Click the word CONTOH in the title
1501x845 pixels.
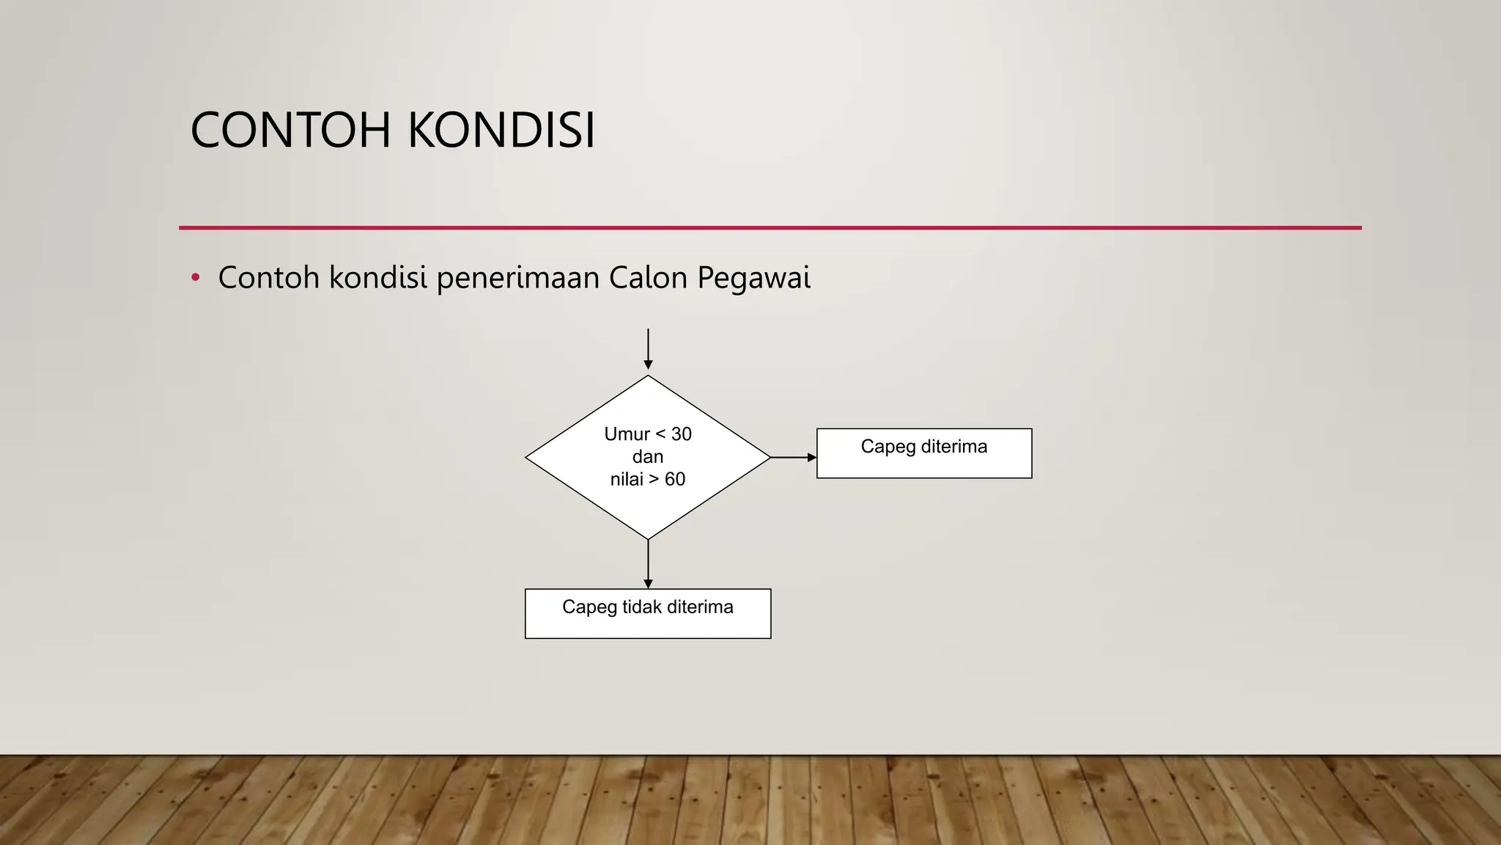pos(291,131)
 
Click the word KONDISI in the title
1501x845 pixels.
pos(501,131)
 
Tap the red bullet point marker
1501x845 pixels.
pos(195,278)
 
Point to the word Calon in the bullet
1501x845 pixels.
pos(648,278)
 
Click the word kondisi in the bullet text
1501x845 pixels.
pos(377,278)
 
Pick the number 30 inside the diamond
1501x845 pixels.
pos(682,434)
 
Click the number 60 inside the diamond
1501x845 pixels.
pos(675,480)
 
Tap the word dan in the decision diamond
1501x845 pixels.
pos(648,457)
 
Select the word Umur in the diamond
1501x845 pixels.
pos(627,434)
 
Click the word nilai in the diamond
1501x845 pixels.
pos(627,480)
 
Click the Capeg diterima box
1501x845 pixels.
pos(924,454)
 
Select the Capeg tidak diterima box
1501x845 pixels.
pos(648,614)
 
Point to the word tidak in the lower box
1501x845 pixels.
pos(642,607)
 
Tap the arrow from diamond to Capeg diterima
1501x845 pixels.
pos(793,457)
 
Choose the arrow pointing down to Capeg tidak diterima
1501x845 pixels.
pos(648,564)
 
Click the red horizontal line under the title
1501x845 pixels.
pos(770,228)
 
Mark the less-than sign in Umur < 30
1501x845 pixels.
pos(660,434)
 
